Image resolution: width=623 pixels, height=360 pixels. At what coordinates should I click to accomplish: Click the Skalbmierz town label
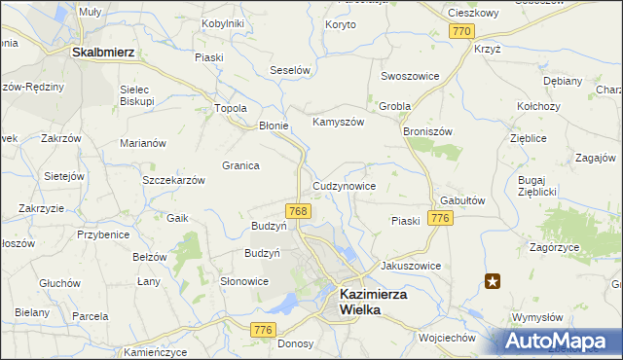tap(102, 53)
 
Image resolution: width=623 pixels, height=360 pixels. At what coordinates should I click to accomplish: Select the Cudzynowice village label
tap(344, 185)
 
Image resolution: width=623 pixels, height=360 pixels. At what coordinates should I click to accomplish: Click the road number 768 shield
tap(299, 211)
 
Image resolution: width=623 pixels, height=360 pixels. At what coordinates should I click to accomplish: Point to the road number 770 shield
tap(462, 32)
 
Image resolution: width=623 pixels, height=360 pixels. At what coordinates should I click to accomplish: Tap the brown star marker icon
tap(494, 282)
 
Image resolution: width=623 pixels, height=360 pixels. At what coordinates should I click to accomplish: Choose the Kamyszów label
tap(337, 123)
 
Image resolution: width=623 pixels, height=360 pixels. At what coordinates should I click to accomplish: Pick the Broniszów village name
tap(427, 128)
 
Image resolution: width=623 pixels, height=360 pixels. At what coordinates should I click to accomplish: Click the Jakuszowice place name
tap(411, 266)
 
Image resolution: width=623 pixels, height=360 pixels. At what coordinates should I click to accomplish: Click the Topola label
tap(231, 108)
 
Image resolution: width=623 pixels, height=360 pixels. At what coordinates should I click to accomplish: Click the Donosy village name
tap(295, 343)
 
